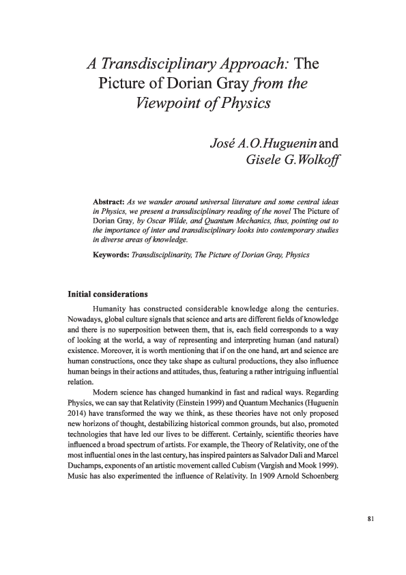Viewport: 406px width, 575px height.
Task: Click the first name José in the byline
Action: click(x=225, y=143)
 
